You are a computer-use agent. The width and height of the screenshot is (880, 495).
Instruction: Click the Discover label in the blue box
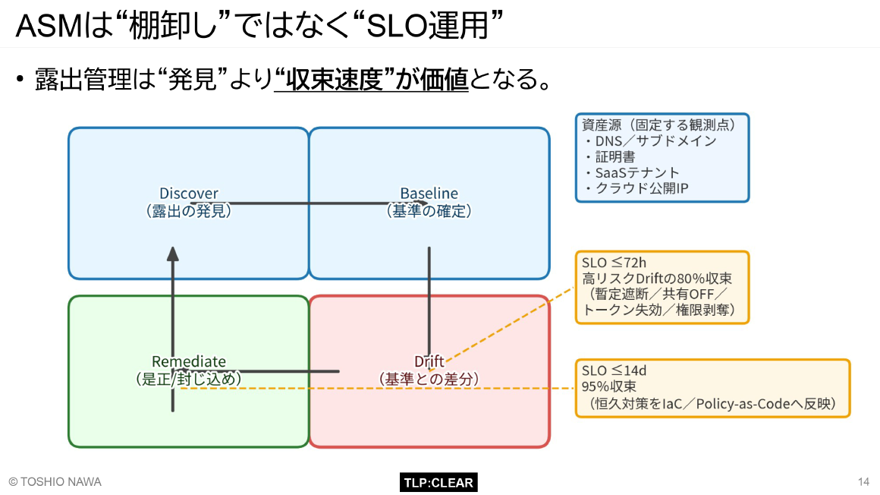(x=188, y=194)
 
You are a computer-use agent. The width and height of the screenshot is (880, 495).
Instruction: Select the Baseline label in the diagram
(x=429, y=194)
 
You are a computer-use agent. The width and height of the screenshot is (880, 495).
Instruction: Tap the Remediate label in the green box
(x=188, y=361)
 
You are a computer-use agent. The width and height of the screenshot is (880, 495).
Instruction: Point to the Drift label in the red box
(x=429, y=361)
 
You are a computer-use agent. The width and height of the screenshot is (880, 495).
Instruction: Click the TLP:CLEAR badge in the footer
(x=438, y=482)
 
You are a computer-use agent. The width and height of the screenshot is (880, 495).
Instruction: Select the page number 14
(x=863, y=482)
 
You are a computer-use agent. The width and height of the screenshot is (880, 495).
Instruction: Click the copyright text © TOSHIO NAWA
(x=55, y=482)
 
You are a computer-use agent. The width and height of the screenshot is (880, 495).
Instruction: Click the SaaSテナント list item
(x=637, y=172)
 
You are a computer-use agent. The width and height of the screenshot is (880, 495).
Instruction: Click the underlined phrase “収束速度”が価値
(x=372, y=80)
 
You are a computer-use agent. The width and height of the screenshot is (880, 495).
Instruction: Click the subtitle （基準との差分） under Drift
(x=429, y=378)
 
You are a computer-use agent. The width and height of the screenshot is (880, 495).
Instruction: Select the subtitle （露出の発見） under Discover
(x=188, y=211)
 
